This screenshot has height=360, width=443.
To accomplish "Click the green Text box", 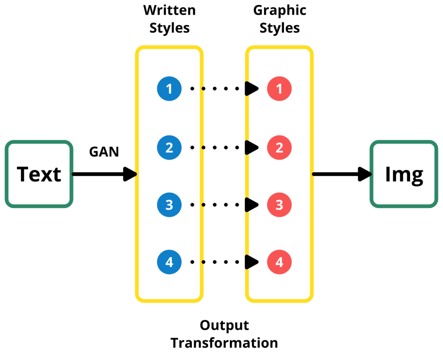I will tap(39, 174).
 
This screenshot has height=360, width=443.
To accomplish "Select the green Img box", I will tap(404, 174).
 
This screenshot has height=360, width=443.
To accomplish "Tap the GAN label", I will tap(104, 152).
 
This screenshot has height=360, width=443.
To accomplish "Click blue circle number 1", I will tap(169, 89).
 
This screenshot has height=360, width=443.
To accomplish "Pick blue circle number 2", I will tap(169, 147).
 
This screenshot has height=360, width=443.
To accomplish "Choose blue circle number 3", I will tap(169, 204).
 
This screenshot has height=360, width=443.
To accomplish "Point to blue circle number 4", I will tap(169, 262).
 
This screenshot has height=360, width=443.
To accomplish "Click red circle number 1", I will tap(279, 89).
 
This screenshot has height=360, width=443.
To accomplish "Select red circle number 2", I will tap(279, 147).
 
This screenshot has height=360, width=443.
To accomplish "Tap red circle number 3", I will tap(279, 204).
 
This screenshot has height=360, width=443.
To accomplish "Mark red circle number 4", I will tap(279, 262).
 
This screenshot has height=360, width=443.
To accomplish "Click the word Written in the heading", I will tap(169, 10).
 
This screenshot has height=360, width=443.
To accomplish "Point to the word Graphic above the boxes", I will tap(279, 10).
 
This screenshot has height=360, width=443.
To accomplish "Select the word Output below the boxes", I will tap(224, 325).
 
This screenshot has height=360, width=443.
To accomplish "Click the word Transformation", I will tap(224, 343).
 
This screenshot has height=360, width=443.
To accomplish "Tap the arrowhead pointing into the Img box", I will tap(365, 174).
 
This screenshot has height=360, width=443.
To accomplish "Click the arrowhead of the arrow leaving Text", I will tap(130, 174).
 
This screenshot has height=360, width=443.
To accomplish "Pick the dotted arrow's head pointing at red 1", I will tap(252, 89).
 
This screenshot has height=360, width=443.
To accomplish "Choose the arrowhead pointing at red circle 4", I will tap(252, 262).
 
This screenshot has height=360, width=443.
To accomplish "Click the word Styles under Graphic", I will tap(279, 29).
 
